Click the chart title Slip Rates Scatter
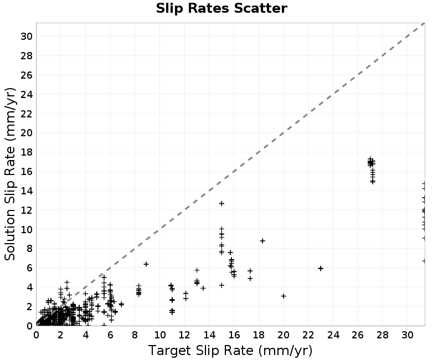tap(221, 8)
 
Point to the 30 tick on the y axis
tap(26, 36)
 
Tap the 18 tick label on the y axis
tap(26, 152)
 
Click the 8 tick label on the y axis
tap(29, 248)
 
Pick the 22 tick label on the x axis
tap(308, 335)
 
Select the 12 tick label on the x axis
tap(184, 335)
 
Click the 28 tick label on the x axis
tap(382, 335)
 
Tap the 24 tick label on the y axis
tap(26, 94)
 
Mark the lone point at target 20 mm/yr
tap(284, 296)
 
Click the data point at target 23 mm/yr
tap(321, 268)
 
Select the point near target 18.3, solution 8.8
tap(262, 241)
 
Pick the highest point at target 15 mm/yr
tap(222, 203)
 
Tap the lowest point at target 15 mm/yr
tap(222, 285)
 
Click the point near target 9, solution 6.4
tap(146, 264)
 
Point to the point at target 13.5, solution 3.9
tap(203, 288)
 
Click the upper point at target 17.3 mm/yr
tap(250, 271)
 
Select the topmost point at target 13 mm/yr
tap(197, 270)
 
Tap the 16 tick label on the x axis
tap(234, 335)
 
